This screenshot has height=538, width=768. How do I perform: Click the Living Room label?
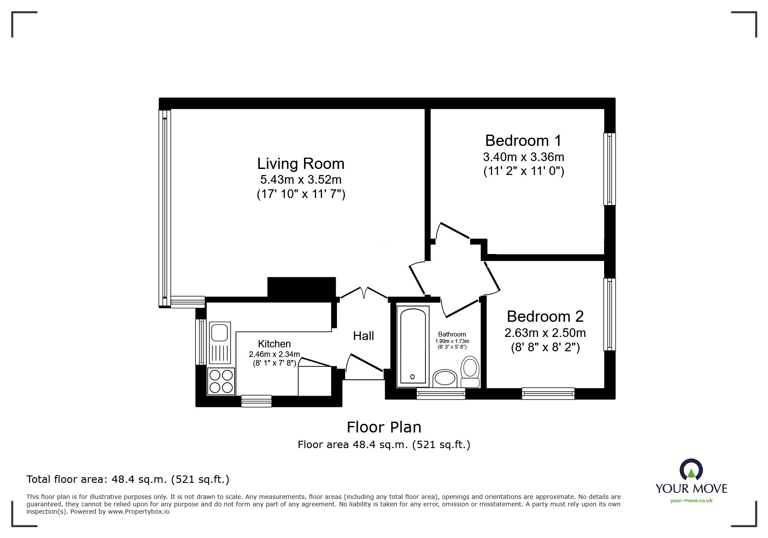(301, 164)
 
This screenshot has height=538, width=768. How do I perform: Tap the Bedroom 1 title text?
(523, 141)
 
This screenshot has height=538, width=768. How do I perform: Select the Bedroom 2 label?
(545, 317)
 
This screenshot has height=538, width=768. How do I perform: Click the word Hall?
(363, 336)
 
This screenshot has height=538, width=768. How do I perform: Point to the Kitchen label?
(275, 344)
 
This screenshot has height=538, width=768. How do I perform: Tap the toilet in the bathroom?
(470, 372)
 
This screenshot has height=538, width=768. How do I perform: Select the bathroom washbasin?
(445, 378)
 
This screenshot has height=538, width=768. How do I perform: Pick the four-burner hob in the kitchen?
(221, 381)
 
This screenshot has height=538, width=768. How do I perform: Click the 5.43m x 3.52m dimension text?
(301, 179)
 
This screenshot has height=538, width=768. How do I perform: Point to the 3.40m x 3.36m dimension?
(523, 157)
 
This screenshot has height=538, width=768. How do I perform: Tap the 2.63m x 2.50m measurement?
(545, 333)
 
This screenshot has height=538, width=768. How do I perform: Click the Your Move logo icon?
(691, 470)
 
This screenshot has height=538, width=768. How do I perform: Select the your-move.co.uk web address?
(691, 501)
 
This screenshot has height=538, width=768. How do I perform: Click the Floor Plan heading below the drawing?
(384, 427)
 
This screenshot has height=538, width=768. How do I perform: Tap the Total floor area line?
(128, 479)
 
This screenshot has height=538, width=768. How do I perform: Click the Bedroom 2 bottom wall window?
(548, 394)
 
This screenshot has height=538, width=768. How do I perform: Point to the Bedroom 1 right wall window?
(610, 169)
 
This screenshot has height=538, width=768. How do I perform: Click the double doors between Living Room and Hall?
(363, 293)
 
